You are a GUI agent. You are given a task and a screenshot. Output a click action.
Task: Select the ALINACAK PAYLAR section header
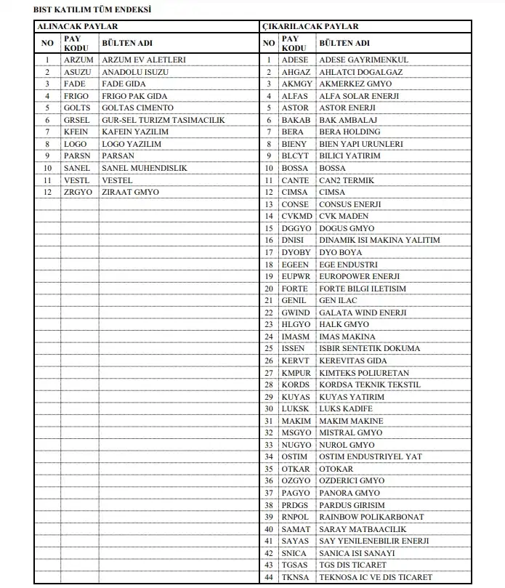pos(78,26)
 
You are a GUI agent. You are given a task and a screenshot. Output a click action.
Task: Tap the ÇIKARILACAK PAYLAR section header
pos(310,26)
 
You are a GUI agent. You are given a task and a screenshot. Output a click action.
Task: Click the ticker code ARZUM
pos(78,60)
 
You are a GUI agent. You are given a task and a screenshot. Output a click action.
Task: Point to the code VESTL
pos(77,180)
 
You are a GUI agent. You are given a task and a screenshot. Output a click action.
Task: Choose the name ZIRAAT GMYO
pos(130,192)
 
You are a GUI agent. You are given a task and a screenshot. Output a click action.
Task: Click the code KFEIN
pos(77,132)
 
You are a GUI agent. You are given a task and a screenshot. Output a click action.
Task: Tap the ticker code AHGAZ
pos(296,72)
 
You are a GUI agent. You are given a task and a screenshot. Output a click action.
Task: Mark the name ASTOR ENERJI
pos(347,108)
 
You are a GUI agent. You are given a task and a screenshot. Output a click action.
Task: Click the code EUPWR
pos(296,276)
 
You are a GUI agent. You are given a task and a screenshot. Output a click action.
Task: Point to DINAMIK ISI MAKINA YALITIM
pos(379,240)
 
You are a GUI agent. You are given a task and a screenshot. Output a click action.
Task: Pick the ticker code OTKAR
pos(296,469)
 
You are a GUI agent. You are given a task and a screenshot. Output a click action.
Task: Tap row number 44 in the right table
pos(269,577)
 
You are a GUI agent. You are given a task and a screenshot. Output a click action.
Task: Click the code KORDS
pos(296,384)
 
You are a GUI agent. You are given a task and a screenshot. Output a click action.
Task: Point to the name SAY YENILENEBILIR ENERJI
pos(374,541)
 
